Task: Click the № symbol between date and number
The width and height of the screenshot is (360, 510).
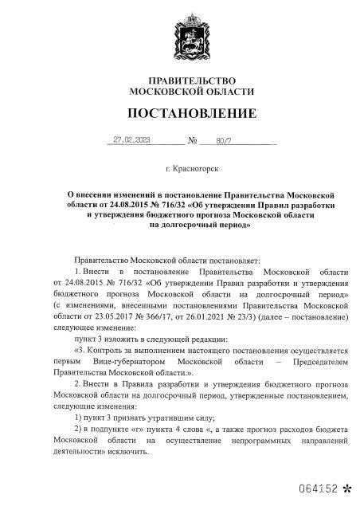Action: [x=192, y=141]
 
